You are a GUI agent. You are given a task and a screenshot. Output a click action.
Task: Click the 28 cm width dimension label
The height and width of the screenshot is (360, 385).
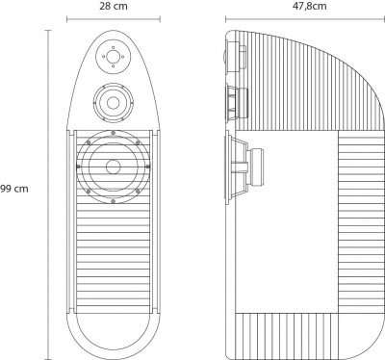pos(113,6)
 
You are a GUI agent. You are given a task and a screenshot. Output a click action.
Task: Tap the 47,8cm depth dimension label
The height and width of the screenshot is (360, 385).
pos(309,6)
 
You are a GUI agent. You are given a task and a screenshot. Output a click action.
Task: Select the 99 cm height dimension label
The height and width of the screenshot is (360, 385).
pos(14,189)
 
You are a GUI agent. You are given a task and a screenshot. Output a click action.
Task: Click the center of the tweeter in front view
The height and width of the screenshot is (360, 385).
pos(113,57)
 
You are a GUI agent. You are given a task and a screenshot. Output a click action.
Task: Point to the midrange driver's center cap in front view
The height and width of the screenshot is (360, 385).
pos(113,103)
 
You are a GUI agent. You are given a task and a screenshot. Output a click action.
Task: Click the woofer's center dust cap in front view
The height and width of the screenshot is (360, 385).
pos(113,167)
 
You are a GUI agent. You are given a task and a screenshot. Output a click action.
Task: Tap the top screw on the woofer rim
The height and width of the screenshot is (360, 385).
pos(113,133)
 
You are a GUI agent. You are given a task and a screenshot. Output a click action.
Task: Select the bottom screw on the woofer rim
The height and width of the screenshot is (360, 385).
pos(113,201)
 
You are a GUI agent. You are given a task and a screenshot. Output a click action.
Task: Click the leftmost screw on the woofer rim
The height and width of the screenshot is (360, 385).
pos(78,167)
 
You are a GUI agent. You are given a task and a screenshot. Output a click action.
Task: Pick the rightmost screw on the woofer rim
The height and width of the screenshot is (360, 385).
pos(147,167)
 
